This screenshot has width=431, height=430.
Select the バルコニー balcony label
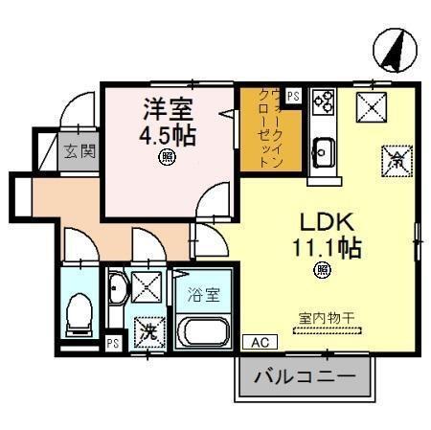coord(303,378)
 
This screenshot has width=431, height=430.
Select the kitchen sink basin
coord(323,149)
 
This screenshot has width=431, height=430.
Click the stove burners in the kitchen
coord(321,102)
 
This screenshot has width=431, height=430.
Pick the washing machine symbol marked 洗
coord(147,332)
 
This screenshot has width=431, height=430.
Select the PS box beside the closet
coord(292,95)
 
